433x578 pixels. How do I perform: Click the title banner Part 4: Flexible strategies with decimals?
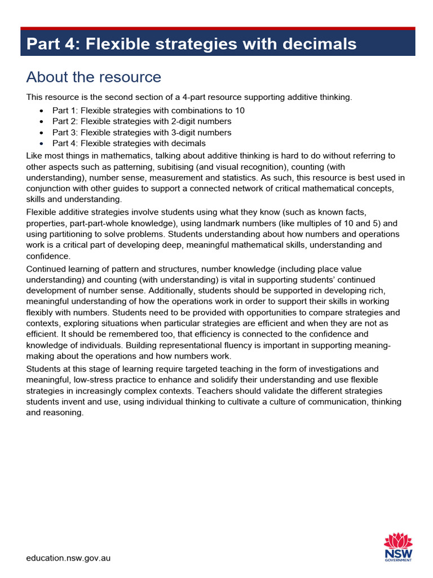pyautogui.click(x=192, y=44)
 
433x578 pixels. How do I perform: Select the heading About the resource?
pyautogui.click(x=94, y=77)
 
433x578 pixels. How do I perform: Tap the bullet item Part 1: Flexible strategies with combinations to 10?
pyautogui.click(x=148, y=111)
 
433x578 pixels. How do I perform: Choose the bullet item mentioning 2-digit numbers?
pyautogui.click(x=142, y=121)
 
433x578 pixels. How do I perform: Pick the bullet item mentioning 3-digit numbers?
pyautogui.click(x=142, y=133)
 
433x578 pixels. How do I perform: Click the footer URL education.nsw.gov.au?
pyautogui.click(x=68, y=558)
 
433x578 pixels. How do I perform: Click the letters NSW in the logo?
pyautogui.click(x=398, y=554)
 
